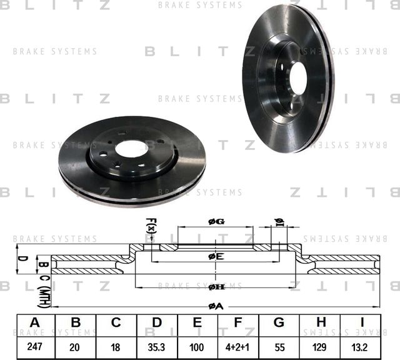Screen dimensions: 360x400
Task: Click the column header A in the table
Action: [x=35, y=322]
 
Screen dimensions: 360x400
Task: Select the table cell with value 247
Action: [x=35, y=346]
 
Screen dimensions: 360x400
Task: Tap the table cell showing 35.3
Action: [x=157, y=346]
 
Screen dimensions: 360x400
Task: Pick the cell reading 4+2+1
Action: [x=238, y=346]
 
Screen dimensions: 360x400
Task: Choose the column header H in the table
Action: [x=319, y=322]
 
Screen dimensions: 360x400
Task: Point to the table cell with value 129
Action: [x=319, y=346]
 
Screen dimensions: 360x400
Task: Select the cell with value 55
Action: [x=279, y=346]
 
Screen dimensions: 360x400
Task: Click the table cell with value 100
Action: [x=197, y=346]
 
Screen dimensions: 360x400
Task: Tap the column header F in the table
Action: [x=238, y=322]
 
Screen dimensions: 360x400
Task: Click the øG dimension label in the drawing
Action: [x=216, y=221]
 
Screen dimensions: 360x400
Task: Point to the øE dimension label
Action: [x=216, y=256]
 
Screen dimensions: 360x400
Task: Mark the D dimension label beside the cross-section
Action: [x=20, y=259]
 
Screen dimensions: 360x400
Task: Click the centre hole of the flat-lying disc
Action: [x=130, y=149]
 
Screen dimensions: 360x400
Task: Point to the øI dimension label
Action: [x=279, y=222]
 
